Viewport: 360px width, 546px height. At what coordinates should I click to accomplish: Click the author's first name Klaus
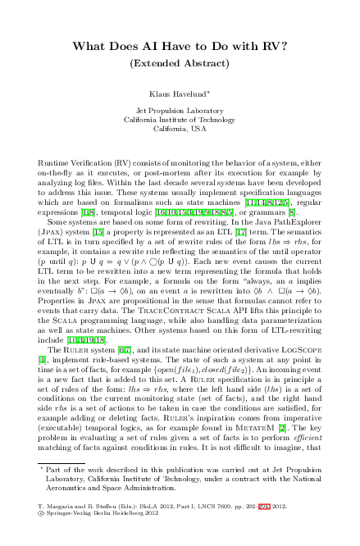click(162, 95)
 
